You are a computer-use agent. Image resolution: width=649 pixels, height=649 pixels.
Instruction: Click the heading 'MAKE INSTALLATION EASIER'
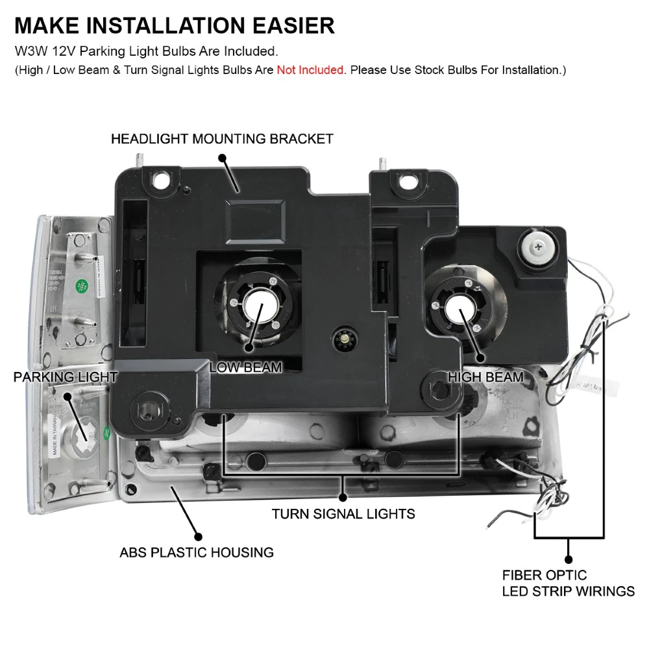[174, 25]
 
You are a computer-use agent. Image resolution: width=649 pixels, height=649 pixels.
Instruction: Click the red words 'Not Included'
[310, 70]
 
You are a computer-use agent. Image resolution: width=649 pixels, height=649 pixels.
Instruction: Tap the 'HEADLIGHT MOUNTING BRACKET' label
[222, 139]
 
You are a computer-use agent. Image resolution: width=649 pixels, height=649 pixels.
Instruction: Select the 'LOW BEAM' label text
[245, 367]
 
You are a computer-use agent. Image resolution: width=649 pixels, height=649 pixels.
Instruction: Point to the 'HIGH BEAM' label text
[485, 376]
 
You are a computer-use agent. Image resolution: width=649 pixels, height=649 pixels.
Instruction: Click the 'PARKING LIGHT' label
[66, 377]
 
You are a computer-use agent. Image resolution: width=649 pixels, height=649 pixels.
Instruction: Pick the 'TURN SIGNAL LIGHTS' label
[343, 514]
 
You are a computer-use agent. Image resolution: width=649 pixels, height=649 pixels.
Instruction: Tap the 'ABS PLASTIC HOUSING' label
[197, 553]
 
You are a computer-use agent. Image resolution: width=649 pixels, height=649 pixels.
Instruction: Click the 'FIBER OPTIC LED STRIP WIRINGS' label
[568, 583]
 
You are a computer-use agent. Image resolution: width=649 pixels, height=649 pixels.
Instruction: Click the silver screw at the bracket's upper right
[537, 246]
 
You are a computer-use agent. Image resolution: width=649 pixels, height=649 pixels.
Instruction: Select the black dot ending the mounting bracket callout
[222, 158]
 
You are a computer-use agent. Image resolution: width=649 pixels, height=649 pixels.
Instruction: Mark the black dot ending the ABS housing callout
[199, 537]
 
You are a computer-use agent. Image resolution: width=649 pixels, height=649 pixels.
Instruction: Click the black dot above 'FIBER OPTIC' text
[569, 559]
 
